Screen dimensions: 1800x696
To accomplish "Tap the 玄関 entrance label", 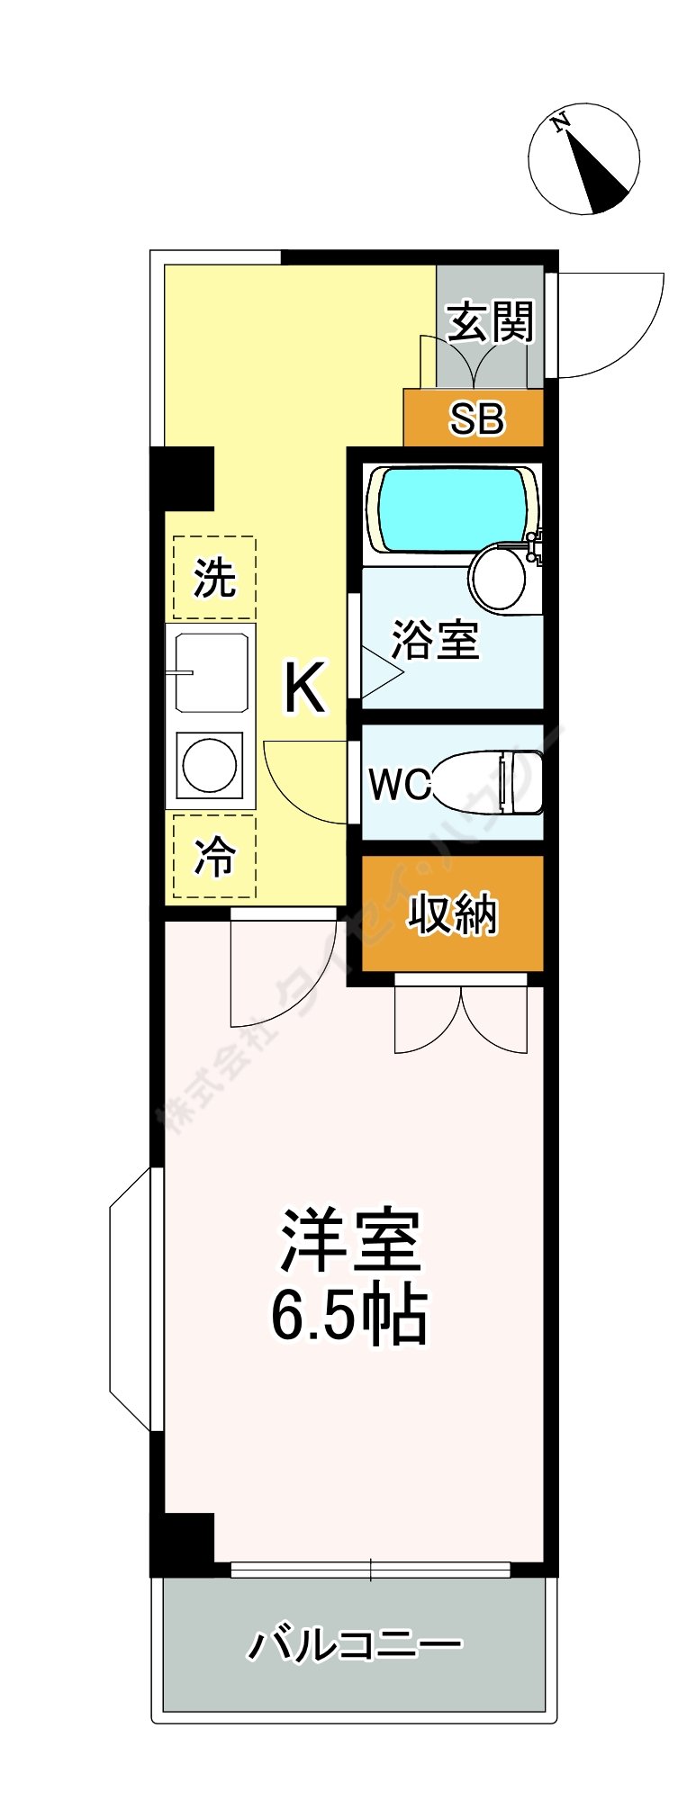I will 491,321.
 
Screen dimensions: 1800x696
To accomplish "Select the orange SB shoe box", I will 475,418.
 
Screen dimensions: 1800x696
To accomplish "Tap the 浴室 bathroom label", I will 436,640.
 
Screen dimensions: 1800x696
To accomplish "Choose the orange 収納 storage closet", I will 453,913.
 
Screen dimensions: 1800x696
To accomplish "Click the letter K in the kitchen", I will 304,688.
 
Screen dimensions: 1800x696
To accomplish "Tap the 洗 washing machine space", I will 214,577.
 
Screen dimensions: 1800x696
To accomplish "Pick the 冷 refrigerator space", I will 214,856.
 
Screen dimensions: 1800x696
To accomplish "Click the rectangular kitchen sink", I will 212,671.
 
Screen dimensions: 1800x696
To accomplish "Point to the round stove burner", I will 210,764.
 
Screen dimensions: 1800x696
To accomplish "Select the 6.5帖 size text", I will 348,1316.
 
